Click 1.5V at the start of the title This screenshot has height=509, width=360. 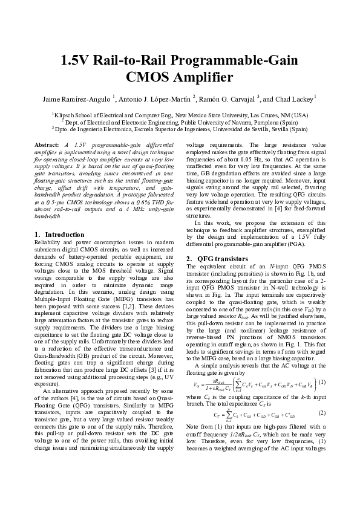75,61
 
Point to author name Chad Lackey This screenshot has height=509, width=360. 295,99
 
